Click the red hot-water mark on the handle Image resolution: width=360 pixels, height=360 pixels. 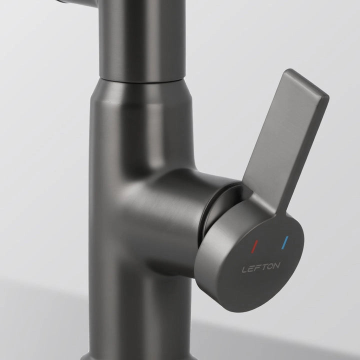coord(254,246)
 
